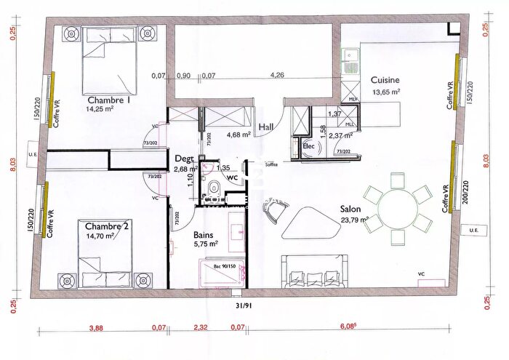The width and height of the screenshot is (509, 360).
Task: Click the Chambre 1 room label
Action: [108, 100]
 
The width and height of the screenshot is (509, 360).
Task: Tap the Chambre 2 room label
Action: [106, 226]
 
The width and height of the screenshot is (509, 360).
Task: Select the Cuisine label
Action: [385, 80]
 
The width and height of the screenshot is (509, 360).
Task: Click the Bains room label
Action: [204, 235]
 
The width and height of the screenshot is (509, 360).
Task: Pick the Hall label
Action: [267, 126]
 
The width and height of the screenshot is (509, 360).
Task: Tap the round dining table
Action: [398, 204]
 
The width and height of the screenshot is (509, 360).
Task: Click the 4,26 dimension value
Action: [277, 74]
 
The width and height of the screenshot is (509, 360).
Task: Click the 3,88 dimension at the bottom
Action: [95, 329]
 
